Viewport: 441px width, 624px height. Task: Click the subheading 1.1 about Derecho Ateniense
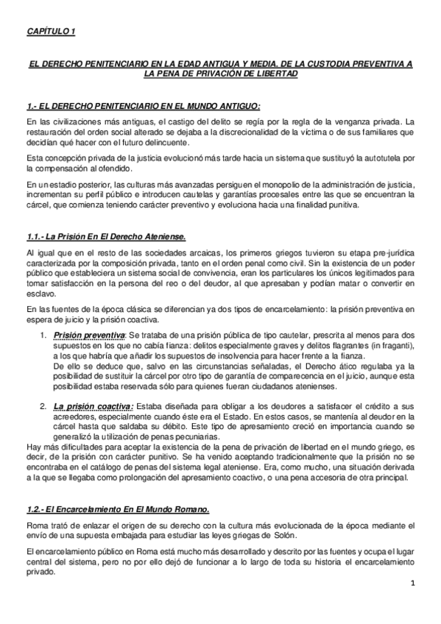point(105,236)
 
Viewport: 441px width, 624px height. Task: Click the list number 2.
point(43,407)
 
